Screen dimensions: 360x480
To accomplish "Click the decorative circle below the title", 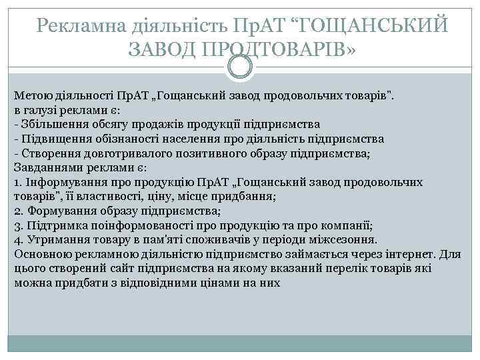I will point(240,67).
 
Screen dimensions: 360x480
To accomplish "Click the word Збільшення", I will point(48,125).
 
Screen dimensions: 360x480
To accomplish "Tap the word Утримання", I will point(51,240).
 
